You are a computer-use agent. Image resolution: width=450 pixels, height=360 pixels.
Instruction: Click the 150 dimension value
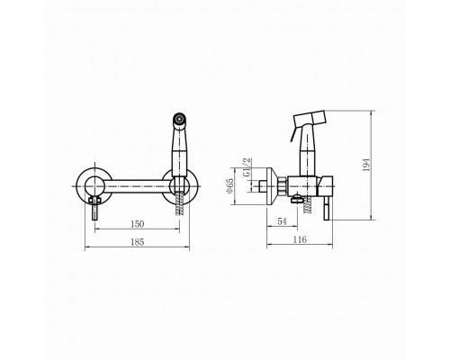138,224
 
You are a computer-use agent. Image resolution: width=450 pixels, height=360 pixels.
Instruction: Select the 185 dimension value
138,242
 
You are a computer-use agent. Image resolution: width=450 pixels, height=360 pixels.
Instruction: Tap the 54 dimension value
282,221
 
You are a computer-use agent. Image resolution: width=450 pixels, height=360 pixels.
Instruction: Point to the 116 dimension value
300,239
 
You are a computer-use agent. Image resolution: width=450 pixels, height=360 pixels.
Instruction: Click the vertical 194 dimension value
366,165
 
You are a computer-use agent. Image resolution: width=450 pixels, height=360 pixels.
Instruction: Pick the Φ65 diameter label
229,186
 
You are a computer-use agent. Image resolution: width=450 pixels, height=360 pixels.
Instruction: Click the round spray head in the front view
180,119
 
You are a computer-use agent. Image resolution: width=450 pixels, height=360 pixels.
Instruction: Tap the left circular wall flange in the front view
94,186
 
